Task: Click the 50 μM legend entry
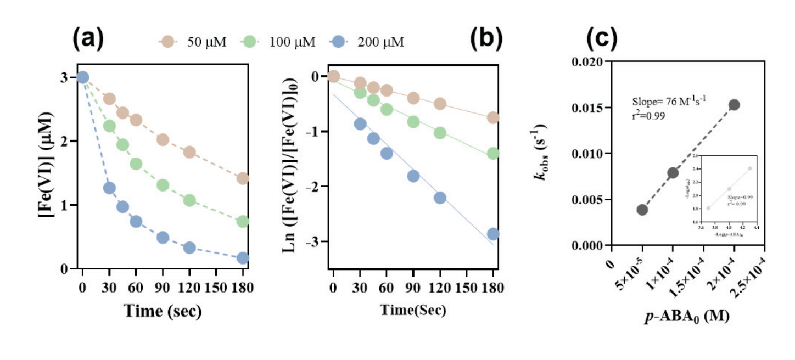(x=192, y=41)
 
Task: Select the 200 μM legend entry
(x=368, y=41)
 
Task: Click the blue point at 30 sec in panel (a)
(x=109, y=188)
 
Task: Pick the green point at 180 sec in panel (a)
(x=243, y=222)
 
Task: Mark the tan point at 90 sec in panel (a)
(x=163, y=139)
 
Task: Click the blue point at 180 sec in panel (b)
(x=493, y=234)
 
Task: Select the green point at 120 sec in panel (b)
(x=440, y=133)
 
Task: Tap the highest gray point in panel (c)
(x=734, y=105)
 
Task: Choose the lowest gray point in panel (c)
(x=642, y=210)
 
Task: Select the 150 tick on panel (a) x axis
(x=216, y=286)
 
